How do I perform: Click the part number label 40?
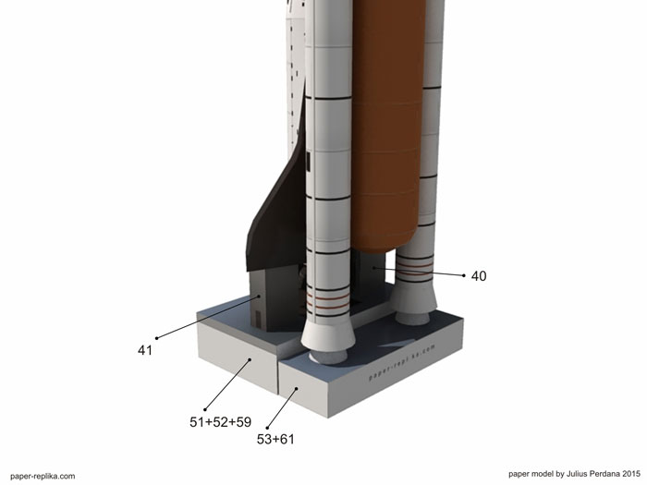click(x=479, y=276)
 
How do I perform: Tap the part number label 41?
click(x=145, y=350)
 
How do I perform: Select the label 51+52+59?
click(x=220, y=422)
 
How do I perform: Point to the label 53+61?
click(x=275, y=439)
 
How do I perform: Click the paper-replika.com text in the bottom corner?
click(x=43, y=477)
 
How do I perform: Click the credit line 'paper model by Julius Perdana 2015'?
click(x=574, y=474)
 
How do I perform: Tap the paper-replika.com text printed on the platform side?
click(x=401, y=362)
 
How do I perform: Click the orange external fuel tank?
click(x=388, y=124)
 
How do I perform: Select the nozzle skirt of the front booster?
click(x=328, y=334)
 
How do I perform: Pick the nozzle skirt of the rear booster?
click(x=414, y=297)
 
